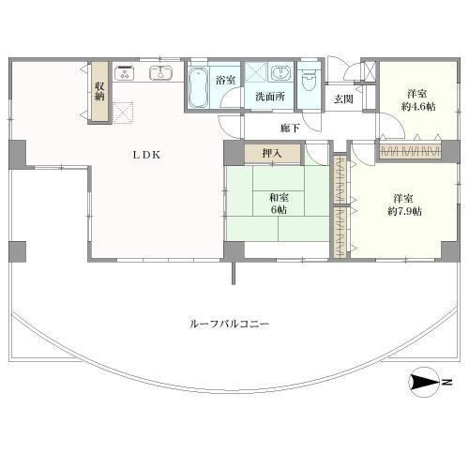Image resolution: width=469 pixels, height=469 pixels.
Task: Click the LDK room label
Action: (146, 155)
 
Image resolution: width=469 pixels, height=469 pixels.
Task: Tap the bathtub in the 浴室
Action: (199, 87)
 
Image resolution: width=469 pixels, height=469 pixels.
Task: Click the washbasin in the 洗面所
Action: (280, 73)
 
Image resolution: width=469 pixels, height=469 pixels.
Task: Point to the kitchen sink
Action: (160, 73)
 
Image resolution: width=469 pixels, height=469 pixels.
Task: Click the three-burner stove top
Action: (125, 73)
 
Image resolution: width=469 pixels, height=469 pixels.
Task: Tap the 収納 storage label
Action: (99, 91)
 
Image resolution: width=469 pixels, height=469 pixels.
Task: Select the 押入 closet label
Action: (272, 153)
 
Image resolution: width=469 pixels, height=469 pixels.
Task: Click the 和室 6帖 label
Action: (279, 204)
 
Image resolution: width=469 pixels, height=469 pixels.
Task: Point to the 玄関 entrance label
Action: (343, 98)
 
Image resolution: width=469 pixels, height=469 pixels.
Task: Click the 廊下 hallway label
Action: (290, 128)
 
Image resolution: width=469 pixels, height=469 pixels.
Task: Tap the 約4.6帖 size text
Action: (418, 107)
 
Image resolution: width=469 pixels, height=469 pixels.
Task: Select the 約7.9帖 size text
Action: (404, 211)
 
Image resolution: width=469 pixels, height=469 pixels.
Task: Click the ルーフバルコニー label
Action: (229, 324)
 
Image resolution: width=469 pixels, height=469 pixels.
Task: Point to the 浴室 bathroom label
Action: (225, 80)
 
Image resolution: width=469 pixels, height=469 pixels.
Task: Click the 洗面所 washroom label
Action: (270, 97)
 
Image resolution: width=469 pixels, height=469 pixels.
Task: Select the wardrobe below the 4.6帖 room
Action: (410, 152)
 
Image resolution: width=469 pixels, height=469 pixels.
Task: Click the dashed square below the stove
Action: (123, 113)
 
